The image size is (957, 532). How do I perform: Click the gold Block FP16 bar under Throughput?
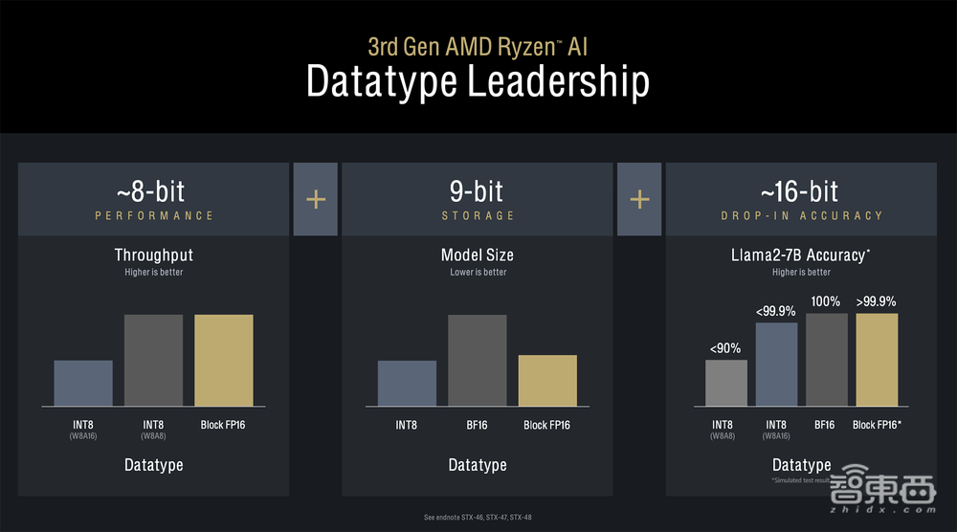(224, 360)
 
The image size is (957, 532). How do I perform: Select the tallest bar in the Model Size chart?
(477, 360)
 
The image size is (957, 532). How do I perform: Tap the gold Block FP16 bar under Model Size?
(547, 380)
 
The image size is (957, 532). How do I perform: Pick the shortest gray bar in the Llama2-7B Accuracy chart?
(725, 382)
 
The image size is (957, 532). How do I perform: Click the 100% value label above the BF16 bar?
(825, 301)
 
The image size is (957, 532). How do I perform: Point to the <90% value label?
(724, 348)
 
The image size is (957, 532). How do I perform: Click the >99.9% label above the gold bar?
(876, 301)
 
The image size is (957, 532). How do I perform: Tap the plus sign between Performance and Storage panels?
(315, 199)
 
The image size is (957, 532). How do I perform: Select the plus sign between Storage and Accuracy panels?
(639, 199)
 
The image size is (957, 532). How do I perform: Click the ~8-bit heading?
(153, 189)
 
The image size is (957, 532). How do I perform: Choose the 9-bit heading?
(478, 189)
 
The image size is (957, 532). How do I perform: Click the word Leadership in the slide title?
(558, 82)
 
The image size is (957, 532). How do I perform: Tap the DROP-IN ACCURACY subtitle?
(802, 216)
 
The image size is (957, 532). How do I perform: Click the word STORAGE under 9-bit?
(478, 216)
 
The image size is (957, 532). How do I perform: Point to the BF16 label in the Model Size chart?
(477, 424)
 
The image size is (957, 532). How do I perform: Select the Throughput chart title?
(153, 255)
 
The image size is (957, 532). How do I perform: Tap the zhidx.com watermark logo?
(882, 493)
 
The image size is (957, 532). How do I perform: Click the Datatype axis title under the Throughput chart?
(153, 465)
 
